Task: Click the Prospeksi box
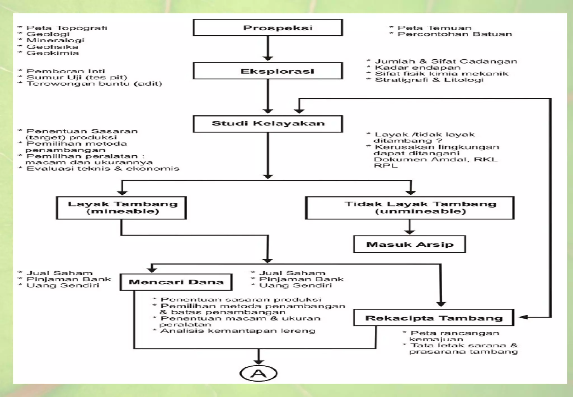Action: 268,27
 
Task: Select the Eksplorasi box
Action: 268,71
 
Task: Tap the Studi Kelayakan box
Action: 268,123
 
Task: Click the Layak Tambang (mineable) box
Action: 121,208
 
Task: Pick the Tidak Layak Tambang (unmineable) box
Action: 410,208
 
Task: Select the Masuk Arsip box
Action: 409,244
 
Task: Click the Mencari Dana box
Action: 176,282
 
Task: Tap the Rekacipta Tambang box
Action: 434,318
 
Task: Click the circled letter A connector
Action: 259,373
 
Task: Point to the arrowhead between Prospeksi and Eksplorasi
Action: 268,58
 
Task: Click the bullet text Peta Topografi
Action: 67,28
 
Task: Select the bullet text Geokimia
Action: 53,53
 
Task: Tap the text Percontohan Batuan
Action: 455,34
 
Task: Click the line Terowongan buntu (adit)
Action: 94,83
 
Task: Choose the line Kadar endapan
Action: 417,67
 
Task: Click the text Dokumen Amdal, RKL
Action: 435,159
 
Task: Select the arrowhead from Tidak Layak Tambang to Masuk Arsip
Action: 410,232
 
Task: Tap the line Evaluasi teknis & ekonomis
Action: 103,169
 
